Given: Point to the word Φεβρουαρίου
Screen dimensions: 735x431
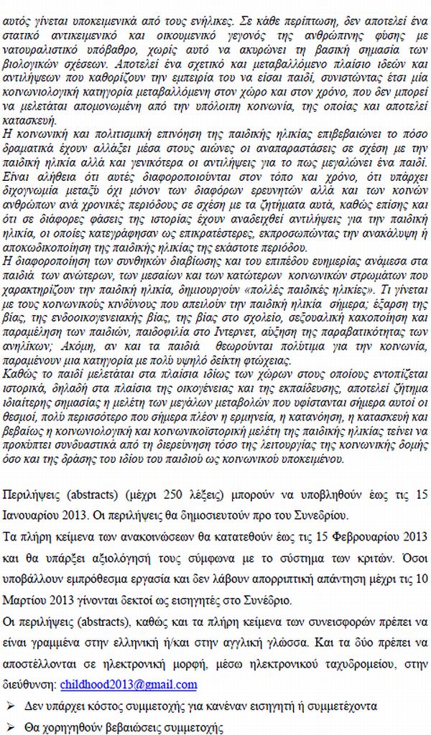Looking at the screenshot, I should point(356,536).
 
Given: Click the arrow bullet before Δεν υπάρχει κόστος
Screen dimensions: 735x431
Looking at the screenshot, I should point(11,706).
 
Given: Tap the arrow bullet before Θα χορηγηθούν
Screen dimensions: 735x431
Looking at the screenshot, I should point(11,727).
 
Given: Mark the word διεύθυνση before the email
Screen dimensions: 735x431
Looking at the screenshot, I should point(31,685).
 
